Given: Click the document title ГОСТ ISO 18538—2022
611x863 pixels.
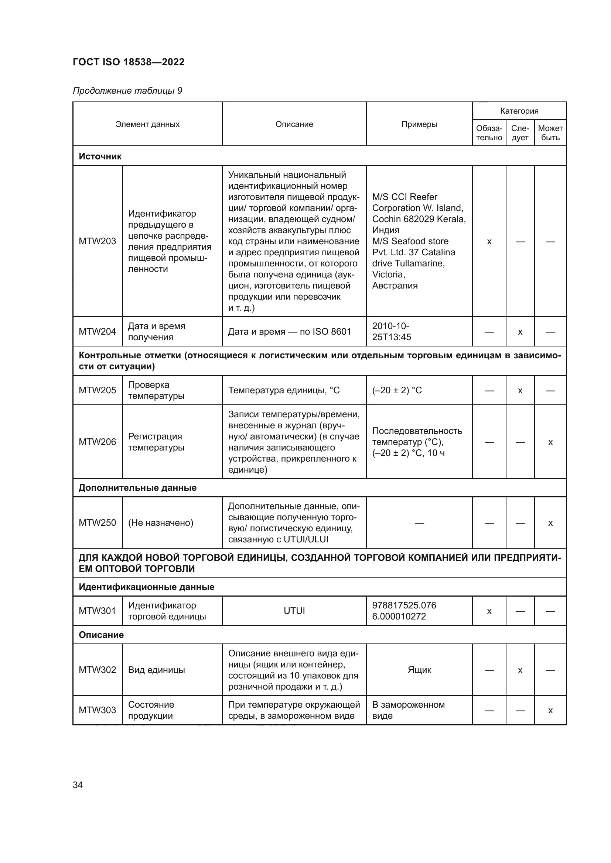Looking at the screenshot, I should pyautogui.click(x=129, y=62).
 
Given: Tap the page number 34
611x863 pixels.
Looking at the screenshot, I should pyautogui.click(x=78, y=785).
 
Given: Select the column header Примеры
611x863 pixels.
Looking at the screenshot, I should pyautogui.click(x=419, y=124).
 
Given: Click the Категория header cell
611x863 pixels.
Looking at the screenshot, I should pyautogui.click(x=519, y=111).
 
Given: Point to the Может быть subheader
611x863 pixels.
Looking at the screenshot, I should pyautogui.click(x=550, y=133).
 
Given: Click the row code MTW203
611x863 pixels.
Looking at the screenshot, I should pyautogui.click(x=97, y=241).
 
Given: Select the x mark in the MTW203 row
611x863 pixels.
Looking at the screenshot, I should pyautogui.click(x=489, y=242).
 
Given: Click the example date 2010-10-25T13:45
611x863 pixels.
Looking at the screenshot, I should pyautogui.click(x=391, y=332).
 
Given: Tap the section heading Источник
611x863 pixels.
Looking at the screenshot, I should pyautogui.click(x=100, y=156).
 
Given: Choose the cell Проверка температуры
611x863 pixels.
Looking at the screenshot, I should pyautogui.click(x=156, y=390).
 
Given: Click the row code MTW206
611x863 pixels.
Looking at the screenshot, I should pyautogui.click(x=97, y=442).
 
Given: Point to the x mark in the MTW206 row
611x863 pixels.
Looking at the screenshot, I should pyautogui.click(x=550, y=442).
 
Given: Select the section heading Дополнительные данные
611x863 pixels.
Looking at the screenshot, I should pyautogui.click(x=137, y=488).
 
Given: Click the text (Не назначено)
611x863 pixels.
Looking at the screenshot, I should pyautogui.click(x=161, y=523).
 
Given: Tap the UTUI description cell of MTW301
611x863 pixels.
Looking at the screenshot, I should pyautogui.click(x=294, y=611).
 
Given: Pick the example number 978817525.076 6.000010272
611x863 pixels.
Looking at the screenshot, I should pyautogui.click(x=404, y=611).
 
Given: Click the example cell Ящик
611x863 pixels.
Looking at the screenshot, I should pyautogui.click(x=419, y=670).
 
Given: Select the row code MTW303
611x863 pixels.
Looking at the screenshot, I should pyautogui.click(x=97, y=710).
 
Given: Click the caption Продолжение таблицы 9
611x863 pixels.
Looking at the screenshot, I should pyautogui.click(x=127, y=91).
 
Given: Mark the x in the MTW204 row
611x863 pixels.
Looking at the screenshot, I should pyautogui.click(x=520, y=332).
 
